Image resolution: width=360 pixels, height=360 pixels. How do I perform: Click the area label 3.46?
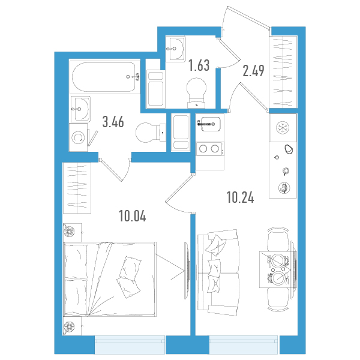click(x=113, y=122)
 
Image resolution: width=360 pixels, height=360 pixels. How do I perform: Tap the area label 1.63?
click(x=199, y=65)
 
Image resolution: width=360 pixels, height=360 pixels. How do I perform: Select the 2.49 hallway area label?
click(x=253, y=70)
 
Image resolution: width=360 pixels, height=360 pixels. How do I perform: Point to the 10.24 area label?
click(x=241, y=197)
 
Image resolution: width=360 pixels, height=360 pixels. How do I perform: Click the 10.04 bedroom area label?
click(x=133, y=216)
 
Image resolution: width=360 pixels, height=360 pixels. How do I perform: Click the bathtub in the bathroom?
click(x=105, y=77)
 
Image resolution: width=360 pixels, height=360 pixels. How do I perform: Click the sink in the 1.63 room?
click(x=176, y=49)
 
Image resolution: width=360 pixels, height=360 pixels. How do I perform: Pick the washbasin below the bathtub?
click(x=80, y=109)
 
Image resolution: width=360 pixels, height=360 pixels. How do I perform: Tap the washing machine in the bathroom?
click(x=78, y=137)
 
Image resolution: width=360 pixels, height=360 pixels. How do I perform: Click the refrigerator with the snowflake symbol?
click(x=283, y=128)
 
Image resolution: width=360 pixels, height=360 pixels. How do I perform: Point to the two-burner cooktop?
click(x=209, y=149)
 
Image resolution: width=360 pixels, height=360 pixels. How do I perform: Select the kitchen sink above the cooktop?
click(x=211, y=124)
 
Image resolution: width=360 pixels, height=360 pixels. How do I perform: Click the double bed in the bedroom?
click(x=110, y=279)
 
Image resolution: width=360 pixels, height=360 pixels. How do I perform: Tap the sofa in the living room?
click(x=218, y=272)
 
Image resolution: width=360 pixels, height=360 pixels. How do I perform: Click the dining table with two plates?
click(x=278, y=269)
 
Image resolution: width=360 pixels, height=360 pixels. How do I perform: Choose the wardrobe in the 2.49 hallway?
click(x=283, y=72)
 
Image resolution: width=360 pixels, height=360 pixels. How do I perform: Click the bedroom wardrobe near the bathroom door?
click(x=77, y=188)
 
